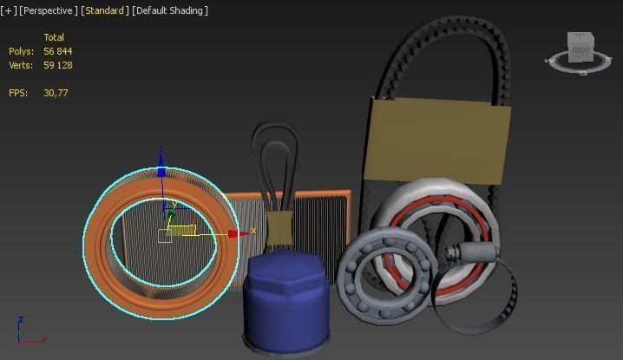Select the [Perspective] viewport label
49,10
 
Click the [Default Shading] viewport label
170,10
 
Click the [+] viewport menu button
10,10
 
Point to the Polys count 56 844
58,51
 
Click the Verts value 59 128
58,65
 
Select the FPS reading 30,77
56,92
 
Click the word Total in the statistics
54,37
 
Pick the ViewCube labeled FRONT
580,49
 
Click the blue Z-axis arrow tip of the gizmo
161,172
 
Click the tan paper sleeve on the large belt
437,139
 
